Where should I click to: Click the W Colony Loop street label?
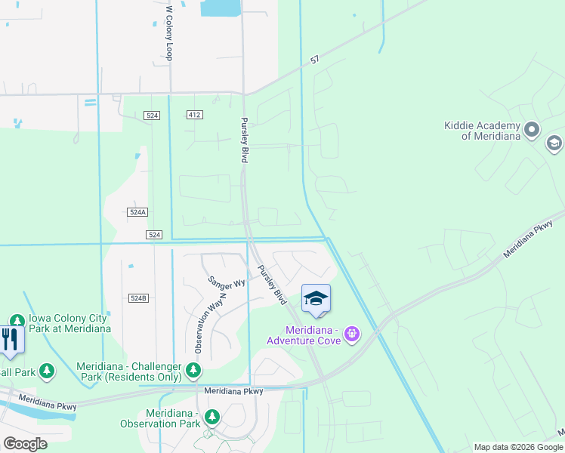pyautogui.click(x=170, y=34)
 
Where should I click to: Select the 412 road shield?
pyautogui.click(x=196, y=115)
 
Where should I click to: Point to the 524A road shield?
pyautogui.click(x=137, y=213)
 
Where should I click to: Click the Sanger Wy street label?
pyautogui.click(x=227, y=282)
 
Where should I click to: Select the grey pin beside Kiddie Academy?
pyautogui.click(x=533, y=130)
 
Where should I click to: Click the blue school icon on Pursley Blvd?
pyautogui.click(x=316, y=299)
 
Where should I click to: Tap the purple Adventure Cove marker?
pyautogui.click(x=350, y=333)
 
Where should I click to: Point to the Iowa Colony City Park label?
pyautogui.click(x=69, y=323)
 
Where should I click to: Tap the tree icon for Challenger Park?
pyautogui.click(x=195, y=370)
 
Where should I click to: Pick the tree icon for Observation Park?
pyautogui.click(x=212, y=417)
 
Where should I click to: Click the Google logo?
pyautogui.click(x=25, y=444)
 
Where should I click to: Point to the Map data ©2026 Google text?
pyautogui.click(x=517, y=447)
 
